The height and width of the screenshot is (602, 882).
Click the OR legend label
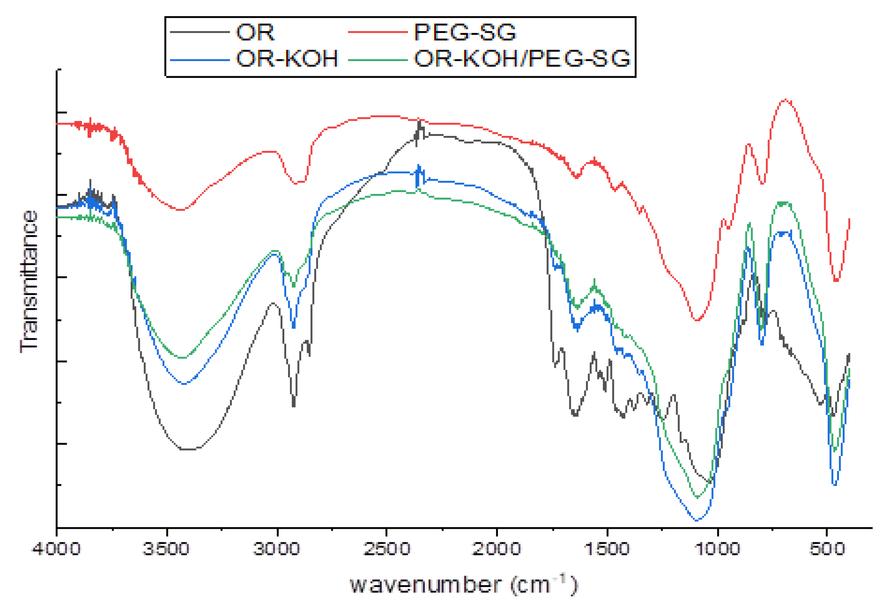pyautogui.click(x=254, y=32)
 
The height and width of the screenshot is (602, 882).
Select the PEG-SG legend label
pyautogui.click(x=464, y=32)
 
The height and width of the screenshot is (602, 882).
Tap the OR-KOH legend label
pyautogui.click(x=287, y=59)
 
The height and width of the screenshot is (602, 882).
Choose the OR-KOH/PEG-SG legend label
pyautogui.click(x=522, y=59)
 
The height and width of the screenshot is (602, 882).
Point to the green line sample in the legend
pyautogui.click(x=378, y=60)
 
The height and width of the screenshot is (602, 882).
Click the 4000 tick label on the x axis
pyautogui.click(x=56, y=549)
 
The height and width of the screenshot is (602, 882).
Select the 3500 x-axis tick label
pyautogui.click(x=166, y=549)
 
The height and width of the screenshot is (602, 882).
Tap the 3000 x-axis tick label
pyautogui.click(x=277, y=549)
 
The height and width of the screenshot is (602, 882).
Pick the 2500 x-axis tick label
pyautogui.click(x=386, y=549)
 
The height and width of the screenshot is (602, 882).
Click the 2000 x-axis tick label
pyautogui.click(x=497, y=549)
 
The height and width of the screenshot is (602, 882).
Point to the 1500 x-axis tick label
pyautogui.click(x=607, y=549)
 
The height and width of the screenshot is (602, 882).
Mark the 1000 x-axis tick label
pyautogui.click(x=717, y=549)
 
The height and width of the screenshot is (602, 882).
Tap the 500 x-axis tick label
pyautogui.click(x=826, y=549)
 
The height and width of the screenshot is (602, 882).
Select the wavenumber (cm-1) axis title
pyautogui.click(x=463, y=585)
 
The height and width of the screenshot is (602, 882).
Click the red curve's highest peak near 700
pyautogui.click(x=785, y=100)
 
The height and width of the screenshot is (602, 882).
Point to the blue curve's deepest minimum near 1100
pyautogui.click(x=697, y=520)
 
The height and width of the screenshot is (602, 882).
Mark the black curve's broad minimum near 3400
pyautogui.click(x=189, y=450)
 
